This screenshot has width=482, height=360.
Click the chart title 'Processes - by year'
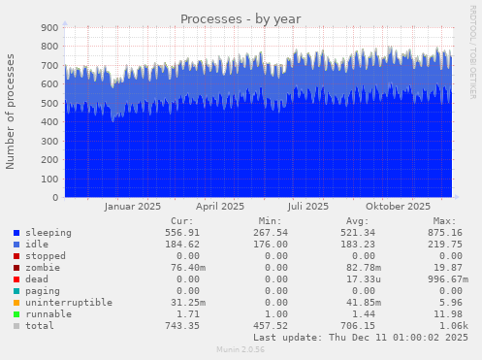point(241,18)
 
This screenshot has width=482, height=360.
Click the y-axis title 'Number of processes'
point(11,112)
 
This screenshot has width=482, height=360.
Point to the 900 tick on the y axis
point(49,28)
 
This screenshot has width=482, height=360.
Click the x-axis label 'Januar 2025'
point(132,206)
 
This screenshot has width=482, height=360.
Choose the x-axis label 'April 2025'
point(220,206)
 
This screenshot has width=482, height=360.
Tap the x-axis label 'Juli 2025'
point(308,206)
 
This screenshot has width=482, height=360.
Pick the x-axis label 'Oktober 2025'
point(398,206)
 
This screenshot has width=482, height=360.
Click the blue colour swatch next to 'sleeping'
point(17,234)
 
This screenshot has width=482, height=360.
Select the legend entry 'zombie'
point(40,268)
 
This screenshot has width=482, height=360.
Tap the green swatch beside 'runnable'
point(17,315)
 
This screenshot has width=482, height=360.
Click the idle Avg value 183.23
point(362,245)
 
